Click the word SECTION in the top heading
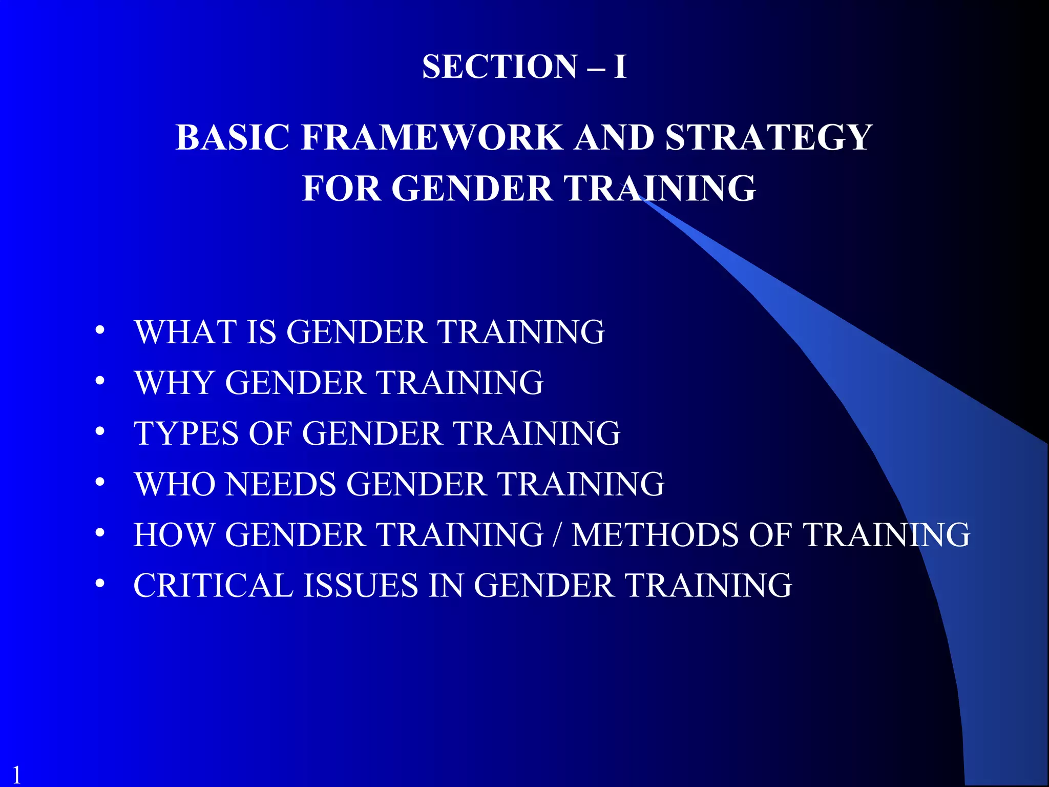click(x=499, y=67)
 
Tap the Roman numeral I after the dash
click(x=620, y=67)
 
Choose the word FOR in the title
click(x=341, y=188)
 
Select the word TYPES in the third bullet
click(x=186, y=433)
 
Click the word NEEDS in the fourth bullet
click(x=281, y=484)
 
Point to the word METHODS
click(x=655, y=535)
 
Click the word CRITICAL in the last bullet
click(x=213, y=586)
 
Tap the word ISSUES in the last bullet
click(x=361, y=586)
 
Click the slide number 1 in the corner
click(x=16, y=774)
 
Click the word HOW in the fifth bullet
click(x=174, y=535)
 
